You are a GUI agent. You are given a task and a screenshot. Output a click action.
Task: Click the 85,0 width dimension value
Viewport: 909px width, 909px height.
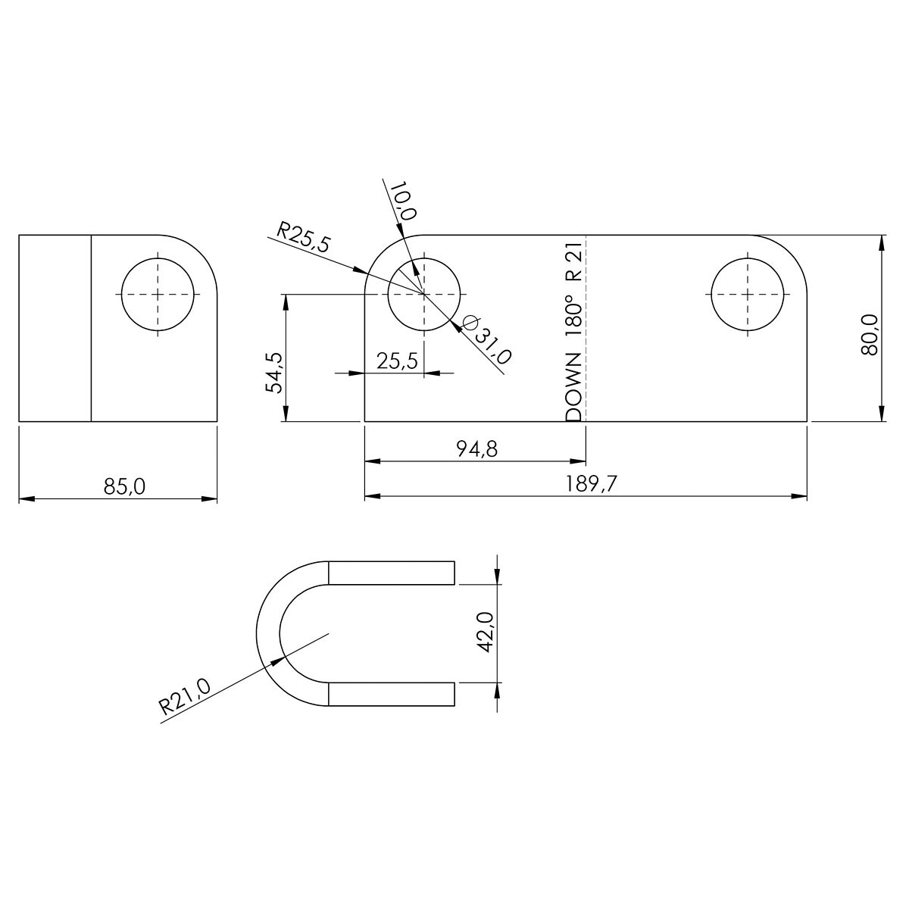124,486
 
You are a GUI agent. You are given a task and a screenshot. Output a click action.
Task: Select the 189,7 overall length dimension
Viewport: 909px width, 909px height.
592,484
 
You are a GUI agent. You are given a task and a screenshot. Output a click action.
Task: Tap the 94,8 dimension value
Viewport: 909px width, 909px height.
477,449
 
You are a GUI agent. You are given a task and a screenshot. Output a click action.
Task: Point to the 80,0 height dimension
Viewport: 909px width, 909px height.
869,335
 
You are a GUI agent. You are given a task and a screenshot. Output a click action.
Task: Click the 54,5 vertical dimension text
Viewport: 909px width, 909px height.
274,373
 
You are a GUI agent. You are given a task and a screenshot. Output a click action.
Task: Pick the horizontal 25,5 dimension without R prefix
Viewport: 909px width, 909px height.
397,361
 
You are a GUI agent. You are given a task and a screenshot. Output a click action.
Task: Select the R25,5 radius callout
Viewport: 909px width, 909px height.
303,239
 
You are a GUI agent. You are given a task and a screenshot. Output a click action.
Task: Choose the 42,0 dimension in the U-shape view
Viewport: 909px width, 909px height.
486,633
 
